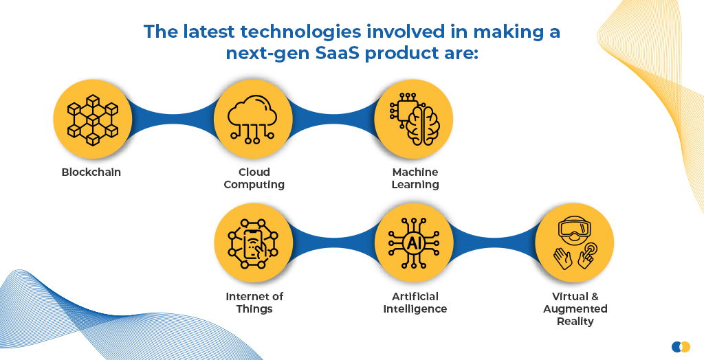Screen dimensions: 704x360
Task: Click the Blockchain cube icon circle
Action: [93, 119]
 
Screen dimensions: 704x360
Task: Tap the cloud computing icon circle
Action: [253, 119]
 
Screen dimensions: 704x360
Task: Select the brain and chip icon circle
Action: [413, 119]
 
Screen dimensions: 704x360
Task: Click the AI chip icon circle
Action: [413, 243]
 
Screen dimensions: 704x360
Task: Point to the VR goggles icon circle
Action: [574, 243]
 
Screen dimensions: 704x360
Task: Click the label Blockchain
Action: [91, 172]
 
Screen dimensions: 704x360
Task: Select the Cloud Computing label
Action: [254, 178]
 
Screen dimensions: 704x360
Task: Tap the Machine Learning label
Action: [415, 178]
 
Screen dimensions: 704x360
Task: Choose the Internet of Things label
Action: [254, 302]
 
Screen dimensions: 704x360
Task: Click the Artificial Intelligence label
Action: [415, 302]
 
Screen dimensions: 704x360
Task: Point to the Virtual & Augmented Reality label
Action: [575, 309]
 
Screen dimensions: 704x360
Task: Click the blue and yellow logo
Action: [681, 346]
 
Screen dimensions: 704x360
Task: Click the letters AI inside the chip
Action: [412, 243]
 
